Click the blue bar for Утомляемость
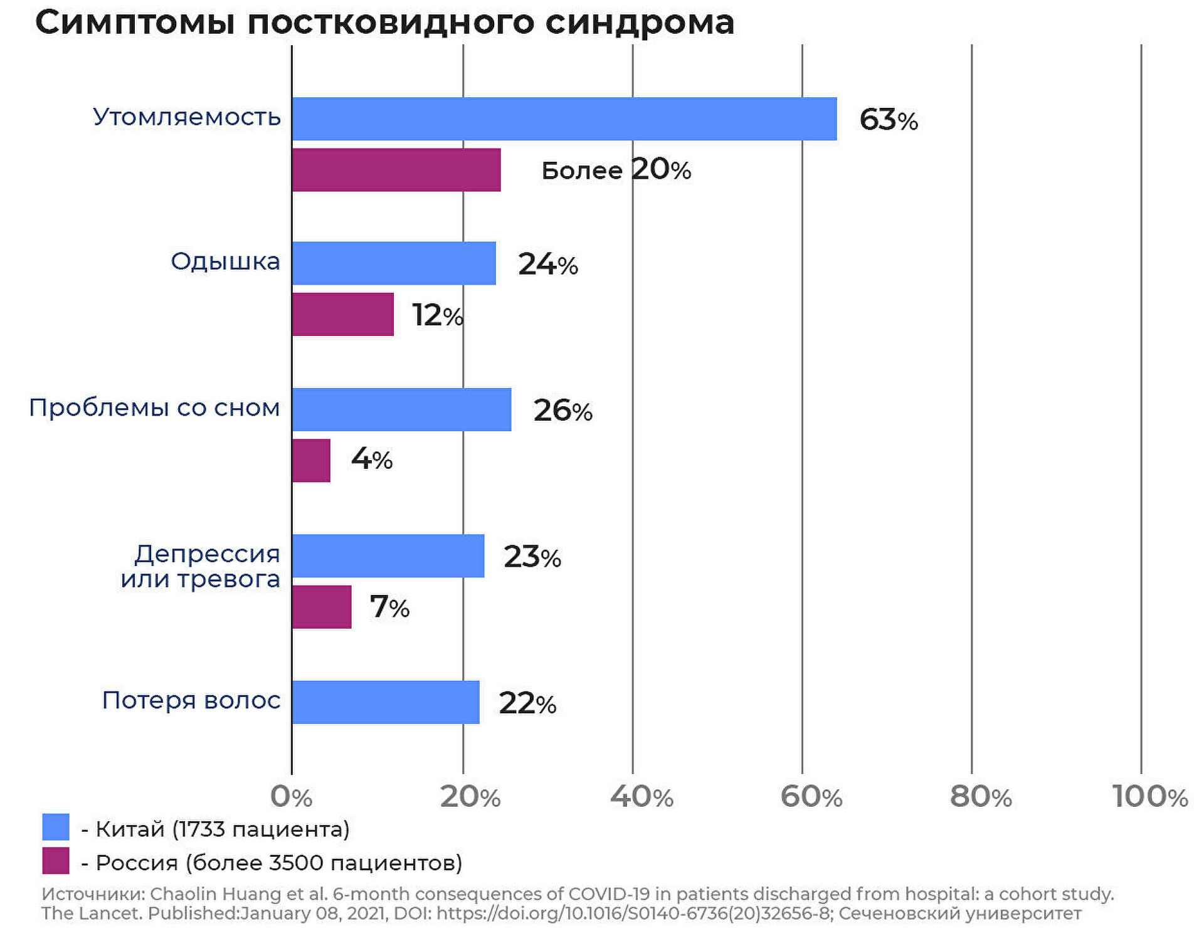[x=564, y=118]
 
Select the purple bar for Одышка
[x=342, y=314]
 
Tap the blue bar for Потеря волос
[x=386, y=702]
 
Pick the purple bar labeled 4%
[x=311, y=460]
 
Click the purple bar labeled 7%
[x=322, y=607]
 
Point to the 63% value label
[x=888, y=119]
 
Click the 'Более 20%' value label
[x=616, y=170]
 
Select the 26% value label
[x=562, y=411]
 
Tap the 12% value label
[x=437, y=315]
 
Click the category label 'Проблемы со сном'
[x=154, y=407]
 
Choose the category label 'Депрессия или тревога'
[x=201, y=566]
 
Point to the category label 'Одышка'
[x=225, y=261]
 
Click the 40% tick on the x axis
[x=641, y=797]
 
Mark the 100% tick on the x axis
[x=1150, y=797]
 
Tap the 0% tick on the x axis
[x=291, y=797]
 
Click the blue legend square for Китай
[x=56, y=827]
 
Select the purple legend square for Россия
[x=56, y=861]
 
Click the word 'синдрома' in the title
[x=639, y=23]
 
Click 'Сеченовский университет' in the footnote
[x=959, y=913]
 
